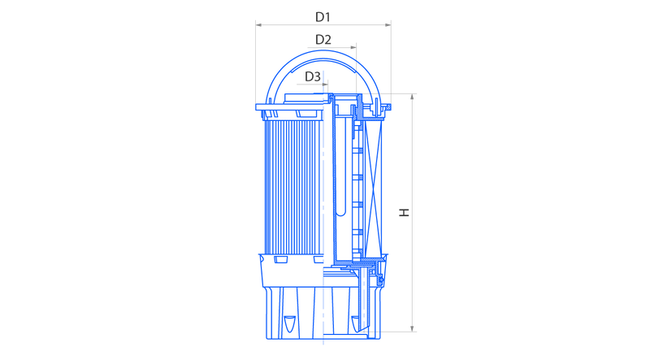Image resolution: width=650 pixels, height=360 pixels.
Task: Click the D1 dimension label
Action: (323, 17)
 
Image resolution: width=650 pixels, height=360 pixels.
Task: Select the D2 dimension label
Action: (323, 40)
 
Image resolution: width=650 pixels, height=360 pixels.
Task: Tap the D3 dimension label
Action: (313, 76)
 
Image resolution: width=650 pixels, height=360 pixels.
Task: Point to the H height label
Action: (404, 212)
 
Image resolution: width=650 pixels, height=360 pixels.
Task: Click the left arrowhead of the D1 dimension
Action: (258, 25)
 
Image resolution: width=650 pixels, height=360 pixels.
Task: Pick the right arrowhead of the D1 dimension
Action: (388, 25)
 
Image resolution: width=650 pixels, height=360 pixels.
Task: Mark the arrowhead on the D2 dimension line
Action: (353, 47)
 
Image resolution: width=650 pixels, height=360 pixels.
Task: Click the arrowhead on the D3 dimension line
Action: (325, 85)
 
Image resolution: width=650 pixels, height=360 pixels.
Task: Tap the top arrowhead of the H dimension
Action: (413, 97)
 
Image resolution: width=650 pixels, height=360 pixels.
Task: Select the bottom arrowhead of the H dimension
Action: (413, 328)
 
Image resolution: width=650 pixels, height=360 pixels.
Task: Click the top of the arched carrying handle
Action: (323, 51)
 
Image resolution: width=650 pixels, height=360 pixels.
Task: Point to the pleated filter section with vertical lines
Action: (293, 187)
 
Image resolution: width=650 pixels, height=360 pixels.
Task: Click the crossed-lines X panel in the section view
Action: (373, 187)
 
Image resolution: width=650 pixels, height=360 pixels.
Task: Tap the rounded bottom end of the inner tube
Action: (340, 213)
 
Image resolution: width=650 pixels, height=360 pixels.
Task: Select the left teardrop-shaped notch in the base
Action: (290, 323)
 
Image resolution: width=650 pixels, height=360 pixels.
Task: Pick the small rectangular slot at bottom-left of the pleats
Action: (280, 259)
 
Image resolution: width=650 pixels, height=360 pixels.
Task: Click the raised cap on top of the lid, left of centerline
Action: (304, 98)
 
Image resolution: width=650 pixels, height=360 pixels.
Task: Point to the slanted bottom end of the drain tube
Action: (363, 329)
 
